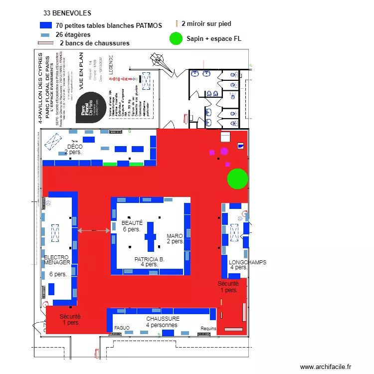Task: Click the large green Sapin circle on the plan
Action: pos(237,179)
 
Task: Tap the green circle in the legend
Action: pos(176,38)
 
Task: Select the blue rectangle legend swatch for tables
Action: pos(45,25)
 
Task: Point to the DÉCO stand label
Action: pos(74,147)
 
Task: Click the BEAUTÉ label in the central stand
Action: pos(132,223)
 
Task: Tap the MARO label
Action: pos(175,236)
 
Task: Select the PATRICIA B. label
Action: pos(149,259)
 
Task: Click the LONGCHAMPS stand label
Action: pos(247,262)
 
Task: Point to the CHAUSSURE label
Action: pos(163,318)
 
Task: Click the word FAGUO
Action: pos(122,328)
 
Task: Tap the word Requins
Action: pos(208,329)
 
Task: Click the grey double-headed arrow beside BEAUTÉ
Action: pos(94,230)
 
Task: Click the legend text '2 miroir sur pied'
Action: pos(206,23)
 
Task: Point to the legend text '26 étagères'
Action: pos(73,34)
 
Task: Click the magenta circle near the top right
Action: pos(224,151)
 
